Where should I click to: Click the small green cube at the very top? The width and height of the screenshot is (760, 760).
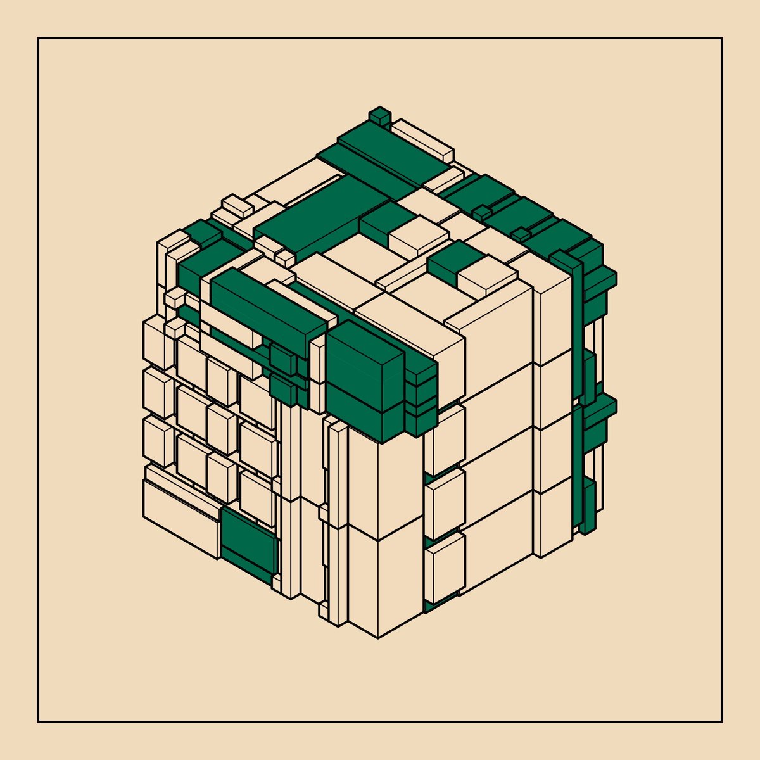[380, 116]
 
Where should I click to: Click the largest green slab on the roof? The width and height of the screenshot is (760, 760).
[320, 212]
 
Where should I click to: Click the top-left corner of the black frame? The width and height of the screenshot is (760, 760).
[38, 38]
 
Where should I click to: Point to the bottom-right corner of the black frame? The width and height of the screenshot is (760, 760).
[722, 721]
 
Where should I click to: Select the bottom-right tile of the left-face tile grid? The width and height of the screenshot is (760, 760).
[256, 497]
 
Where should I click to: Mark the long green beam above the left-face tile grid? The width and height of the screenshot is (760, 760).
[266, 307]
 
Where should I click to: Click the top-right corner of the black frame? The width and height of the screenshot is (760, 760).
[722, 38]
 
